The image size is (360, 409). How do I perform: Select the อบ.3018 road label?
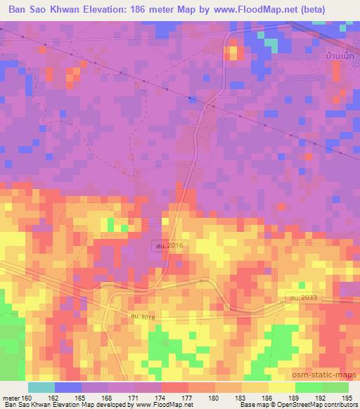(x=142, y=318)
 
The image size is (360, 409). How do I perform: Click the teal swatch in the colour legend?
(x=41, y=387)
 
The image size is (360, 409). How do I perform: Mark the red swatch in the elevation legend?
(x=176, y=387)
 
